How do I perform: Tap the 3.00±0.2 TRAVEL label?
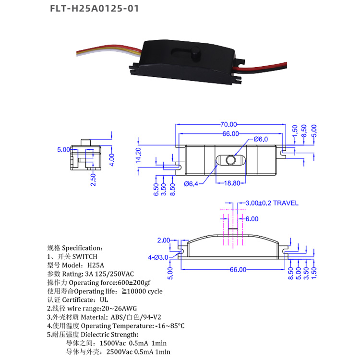pyautogui.click(x=272, y=203)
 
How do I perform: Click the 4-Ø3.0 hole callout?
pyautogui.click(x=158, y=257)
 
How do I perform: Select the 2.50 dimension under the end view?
pyautogui.click(x=94, y=180)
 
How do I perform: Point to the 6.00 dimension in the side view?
pyautogui.click(x=252, y=218)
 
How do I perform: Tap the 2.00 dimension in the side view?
pyautogui.click(x=163, y=240)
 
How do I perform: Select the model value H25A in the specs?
pyautogui.click(x=95, y=265)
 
